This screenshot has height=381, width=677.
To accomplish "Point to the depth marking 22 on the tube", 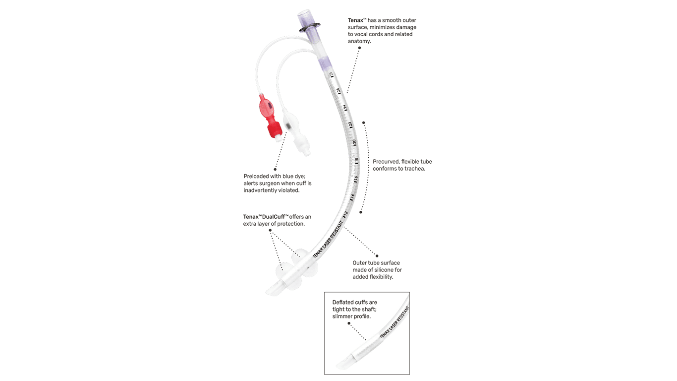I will (350, 124).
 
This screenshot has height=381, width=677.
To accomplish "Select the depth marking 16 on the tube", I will (356, 179).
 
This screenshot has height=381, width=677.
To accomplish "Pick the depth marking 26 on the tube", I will (338, 91).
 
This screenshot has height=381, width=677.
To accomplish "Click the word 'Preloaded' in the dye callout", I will (257, 176).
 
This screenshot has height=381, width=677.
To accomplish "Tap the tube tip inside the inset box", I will (342, 365).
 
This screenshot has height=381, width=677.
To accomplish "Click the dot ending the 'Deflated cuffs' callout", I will (349, 323).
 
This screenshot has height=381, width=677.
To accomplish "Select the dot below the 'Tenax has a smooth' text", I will (359, 48).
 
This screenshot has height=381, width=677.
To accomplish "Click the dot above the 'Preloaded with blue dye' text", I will (275, 169).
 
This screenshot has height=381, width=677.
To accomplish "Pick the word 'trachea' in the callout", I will (414, 169).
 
